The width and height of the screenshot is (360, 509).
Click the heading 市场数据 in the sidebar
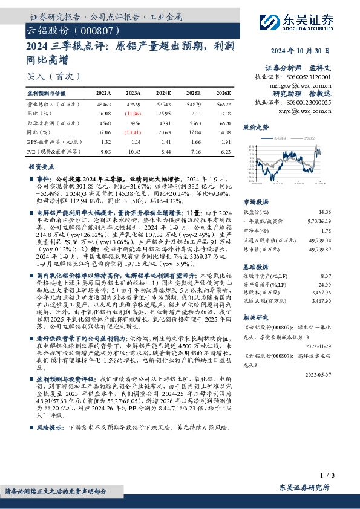pyautogui.click(x=255, y=203)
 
